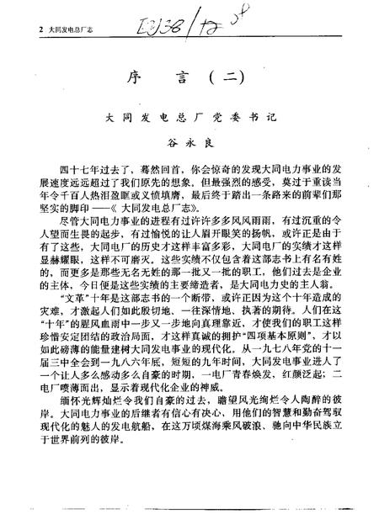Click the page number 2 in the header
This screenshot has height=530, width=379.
coord(30,29)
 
